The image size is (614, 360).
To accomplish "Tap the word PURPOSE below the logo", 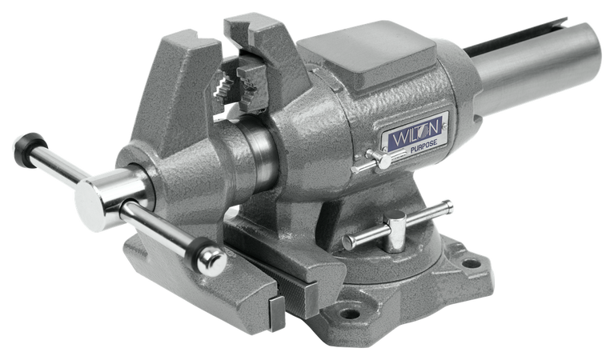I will (x=415, y=148).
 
